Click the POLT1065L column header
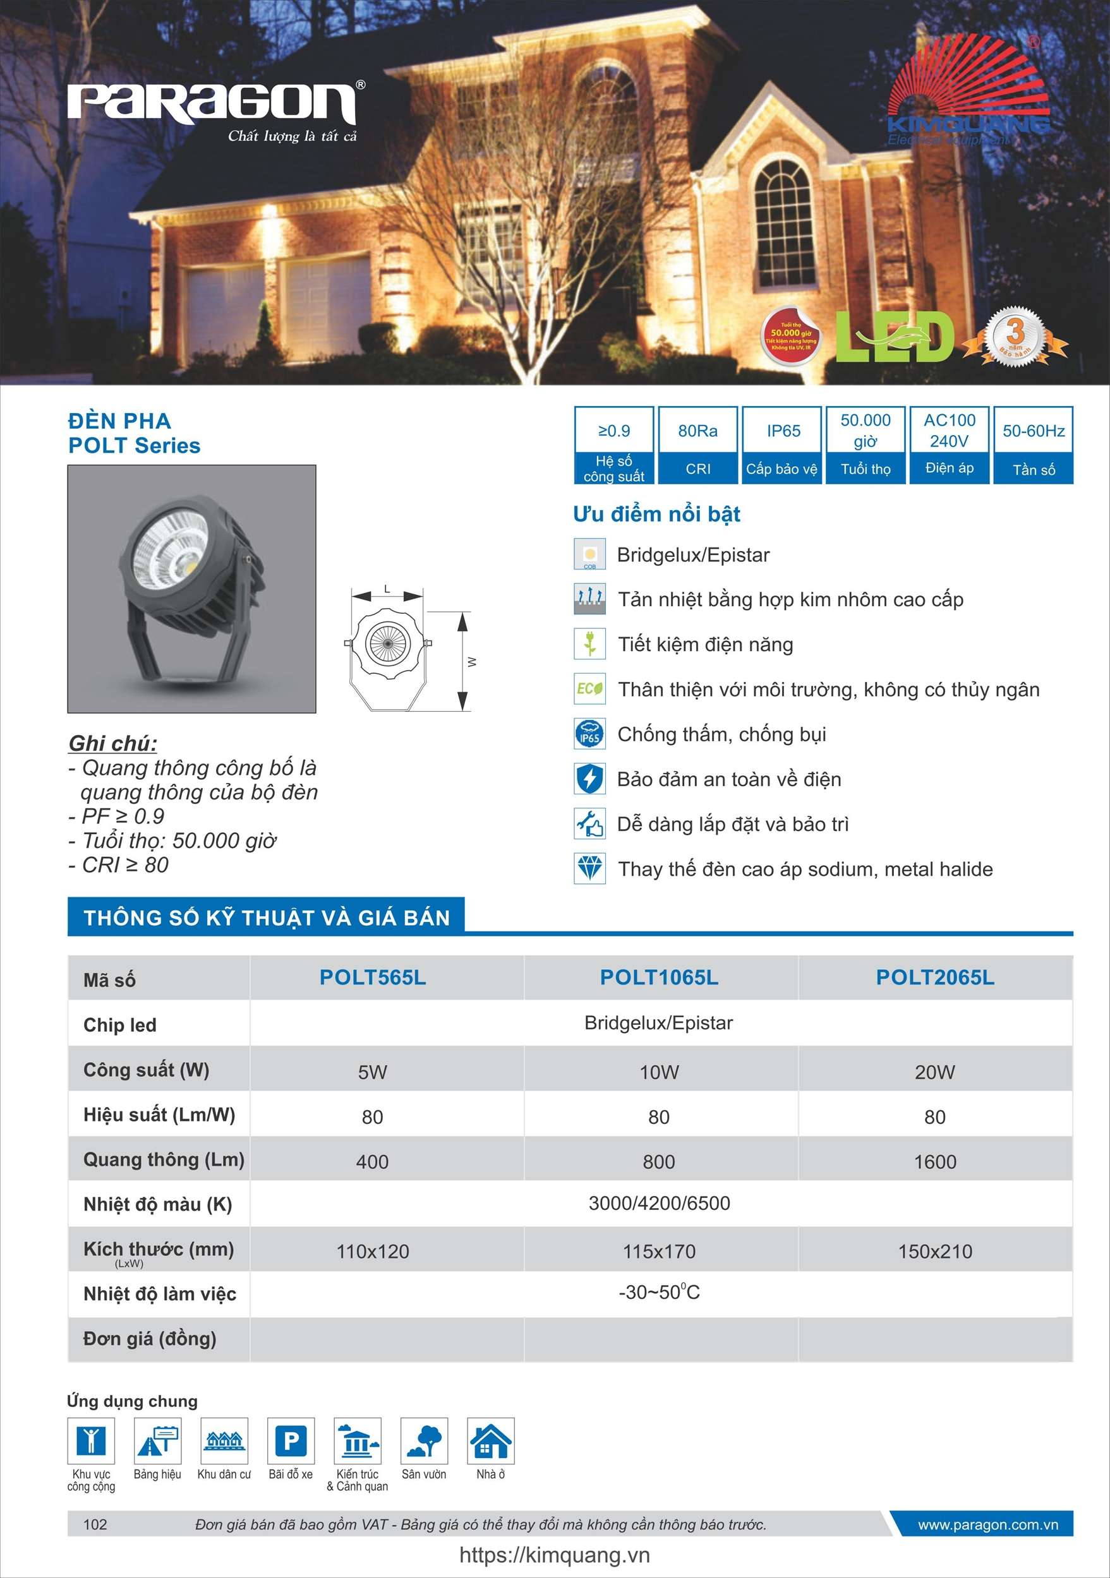tap(659, 977)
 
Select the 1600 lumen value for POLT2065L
tap(934, 1161)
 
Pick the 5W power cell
tap(372, 1072)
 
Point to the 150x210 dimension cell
tap(934, 1252)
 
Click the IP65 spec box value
tap(783, 431)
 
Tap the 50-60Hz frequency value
tap(1033, 431)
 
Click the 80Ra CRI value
tap(697, 431)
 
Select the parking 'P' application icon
tap(291, 1440)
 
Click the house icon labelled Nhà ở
tap(490, 1440)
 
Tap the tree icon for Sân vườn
tap(425, 1440)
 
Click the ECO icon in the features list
tap(589, 689)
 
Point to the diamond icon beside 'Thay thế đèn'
tap(589, 868)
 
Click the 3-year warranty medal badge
tap(1015, 336)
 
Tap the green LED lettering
tap(895, 337)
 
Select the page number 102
tap(95, 1524)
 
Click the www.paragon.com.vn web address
tap(987, 1524)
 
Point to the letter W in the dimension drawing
tap(472, 662)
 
